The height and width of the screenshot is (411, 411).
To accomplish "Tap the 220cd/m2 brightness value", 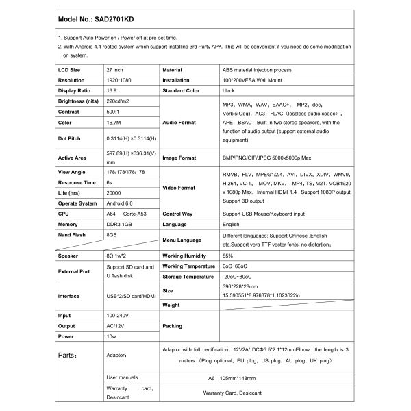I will [121, 101].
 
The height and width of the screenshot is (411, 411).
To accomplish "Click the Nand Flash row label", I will [73, 235].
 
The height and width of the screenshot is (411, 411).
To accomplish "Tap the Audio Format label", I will [179, 123].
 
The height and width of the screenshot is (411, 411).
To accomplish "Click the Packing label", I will [173, 327].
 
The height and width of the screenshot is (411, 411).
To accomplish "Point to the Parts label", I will [70, 356].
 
